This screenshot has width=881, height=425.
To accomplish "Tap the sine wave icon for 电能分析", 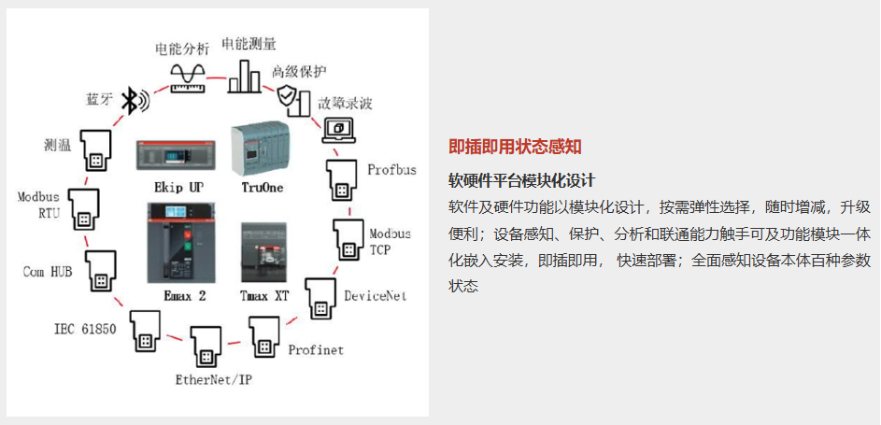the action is click(x=188, y=77).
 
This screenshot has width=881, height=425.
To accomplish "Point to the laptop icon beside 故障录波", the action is click(x=338, y=131).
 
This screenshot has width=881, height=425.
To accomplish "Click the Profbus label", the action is click(x=392, y=169).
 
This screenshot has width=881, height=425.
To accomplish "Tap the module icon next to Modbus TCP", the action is click(x=350, y=238).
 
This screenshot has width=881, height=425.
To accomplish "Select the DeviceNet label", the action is click(x=376, y=295).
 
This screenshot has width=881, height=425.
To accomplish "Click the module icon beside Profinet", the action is click(x=263, y=337).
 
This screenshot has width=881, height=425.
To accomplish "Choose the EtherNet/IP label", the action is click(x=214, y=380).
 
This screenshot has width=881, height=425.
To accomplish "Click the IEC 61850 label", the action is click(x=85, y=329).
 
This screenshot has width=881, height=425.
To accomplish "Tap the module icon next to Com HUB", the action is click(x=100, y=271).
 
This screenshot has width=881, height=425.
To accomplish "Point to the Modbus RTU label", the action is click(x=38, y=205).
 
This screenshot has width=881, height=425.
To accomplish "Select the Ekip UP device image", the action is click(x=176, y=155).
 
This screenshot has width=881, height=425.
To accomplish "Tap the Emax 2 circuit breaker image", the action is click(x=175, y=243).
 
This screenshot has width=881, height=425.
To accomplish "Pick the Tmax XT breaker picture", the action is click(x=263, y=252).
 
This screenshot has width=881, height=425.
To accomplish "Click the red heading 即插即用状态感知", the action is click(x=515, y=147).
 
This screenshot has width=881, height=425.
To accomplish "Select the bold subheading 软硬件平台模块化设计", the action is click(x=521, y=181).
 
